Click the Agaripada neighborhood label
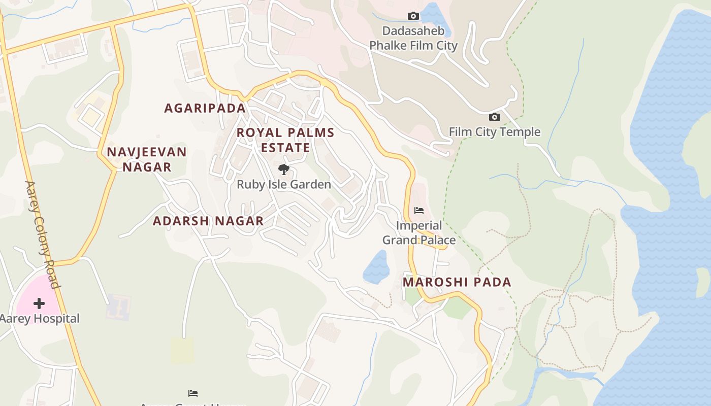click(205, 108)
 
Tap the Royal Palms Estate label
click(285, 140)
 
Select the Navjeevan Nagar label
click(147, 159)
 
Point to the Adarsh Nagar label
click(208, 221)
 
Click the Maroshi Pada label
click(457, 282)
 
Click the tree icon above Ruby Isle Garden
click(284, 170)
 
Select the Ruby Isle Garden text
click(284, 185)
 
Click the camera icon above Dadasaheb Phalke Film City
click(413, 16)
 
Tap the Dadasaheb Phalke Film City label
click(413, 38)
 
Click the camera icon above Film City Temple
click(494, 117)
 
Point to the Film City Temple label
click(494, 132)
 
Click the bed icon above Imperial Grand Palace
click(419, 210)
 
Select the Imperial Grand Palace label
click(419, 232)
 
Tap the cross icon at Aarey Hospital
click(39, 303)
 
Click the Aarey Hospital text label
click(40, 319)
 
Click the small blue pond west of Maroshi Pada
click(376, 266)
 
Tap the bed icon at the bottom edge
click(193, 393)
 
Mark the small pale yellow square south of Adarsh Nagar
click(182, 350)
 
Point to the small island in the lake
click(703, 282)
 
